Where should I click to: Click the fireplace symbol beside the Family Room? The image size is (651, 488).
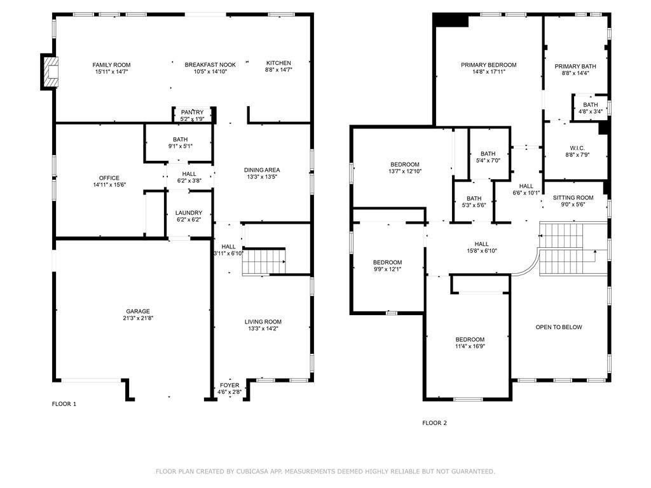click(x=50, y=71)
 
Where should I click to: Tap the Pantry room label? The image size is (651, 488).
click(x=192, y=112)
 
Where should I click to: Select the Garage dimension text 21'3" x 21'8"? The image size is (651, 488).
click(x=138, y=318)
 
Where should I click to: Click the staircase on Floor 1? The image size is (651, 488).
click(x=264, y=262)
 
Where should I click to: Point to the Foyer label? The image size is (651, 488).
click(x=230, y=385)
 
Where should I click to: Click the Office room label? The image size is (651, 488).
click(x=109, y=178)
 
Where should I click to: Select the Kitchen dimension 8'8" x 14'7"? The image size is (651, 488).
click(x=278, y=71)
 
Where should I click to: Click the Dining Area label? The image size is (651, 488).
click(x=262, y=170)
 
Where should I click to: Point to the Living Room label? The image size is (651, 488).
click(x=263, y=322)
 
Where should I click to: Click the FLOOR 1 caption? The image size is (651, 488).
click(x=64, y=404)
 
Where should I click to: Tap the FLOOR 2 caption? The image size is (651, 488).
click(x=435, y=423)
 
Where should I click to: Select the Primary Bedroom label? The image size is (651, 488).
click(x=488, y=65)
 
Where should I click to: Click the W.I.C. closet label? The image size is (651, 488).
click(x=577, y=147)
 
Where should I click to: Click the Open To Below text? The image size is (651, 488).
click(x=558, y=327)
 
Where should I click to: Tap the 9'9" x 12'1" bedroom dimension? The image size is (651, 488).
click(x=387, y=269)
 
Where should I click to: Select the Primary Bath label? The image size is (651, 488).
click(x=575, y=66)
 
